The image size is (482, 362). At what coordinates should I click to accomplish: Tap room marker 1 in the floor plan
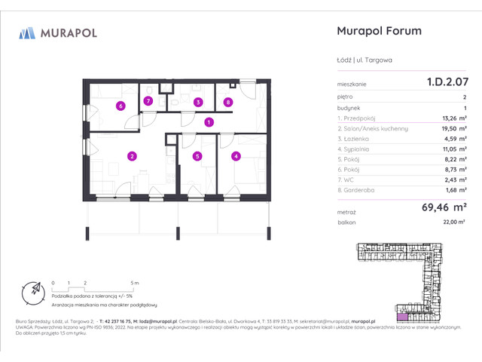point(209,122)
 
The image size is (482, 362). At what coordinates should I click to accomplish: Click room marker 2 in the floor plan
point(132,157)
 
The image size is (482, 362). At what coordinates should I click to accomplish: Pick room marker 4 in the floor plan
point(236,157)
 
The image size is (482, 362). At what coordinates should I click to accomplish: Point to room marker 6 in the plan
point(120,106)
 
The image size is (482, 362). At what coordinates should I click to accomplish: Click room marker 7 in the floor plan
point(148,101)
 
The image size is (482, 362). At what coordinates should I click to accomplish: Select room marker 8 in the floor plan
point(227,102)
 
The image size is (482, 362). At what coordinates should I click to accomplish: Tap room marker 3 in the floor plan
point(197,102)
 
